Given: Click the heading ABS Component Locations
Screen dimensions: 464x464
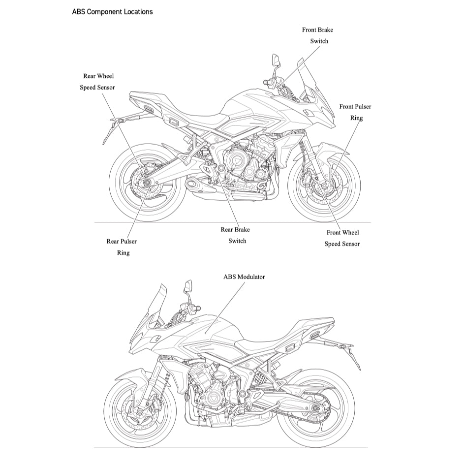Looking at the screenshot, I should pyautogui.click(x=112, y=11).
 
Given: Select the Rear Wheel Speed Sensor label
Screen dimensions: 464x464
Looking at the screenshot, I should pyautogui.click(x=98, y=82).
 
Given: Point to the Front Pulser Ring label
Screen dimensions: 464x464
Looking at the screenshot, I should pyautogui.click(x=355, y=112).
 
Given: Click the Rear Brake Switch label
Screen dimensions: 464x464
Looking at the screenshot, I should pyautogui.click(x=236, y=235).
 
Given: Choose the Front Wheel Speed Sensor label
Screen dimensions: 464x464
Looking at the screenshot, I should pyautogui.click(x=342, y=238).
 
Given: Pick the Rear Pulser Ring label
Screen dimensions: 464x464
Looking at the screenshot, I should pyautogui.click(x=122, y=247).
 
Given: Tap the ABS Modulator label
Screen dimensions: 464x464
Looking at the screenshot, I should pyautogui.click(x=244, y=277).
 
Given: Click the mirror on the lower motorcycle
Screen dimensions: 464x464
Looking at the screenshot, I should pyautogui.click(x=188, y=286).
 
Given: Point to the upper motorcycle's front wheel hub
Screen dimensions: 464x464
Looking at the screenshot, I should pyautogui.click(x=323, y=186).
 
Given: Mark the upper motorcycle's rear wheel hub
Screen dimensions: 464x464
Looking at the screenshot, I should pyautogui.click(x=147, y=184).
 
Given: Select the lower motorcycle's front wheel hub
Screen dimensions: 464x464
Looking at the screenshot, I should pyautogui.click(x=140, y=411).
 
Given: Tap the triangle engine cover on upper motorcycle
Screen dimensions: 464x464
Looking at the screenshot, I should pyautogui.click(x=236, y=161).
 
